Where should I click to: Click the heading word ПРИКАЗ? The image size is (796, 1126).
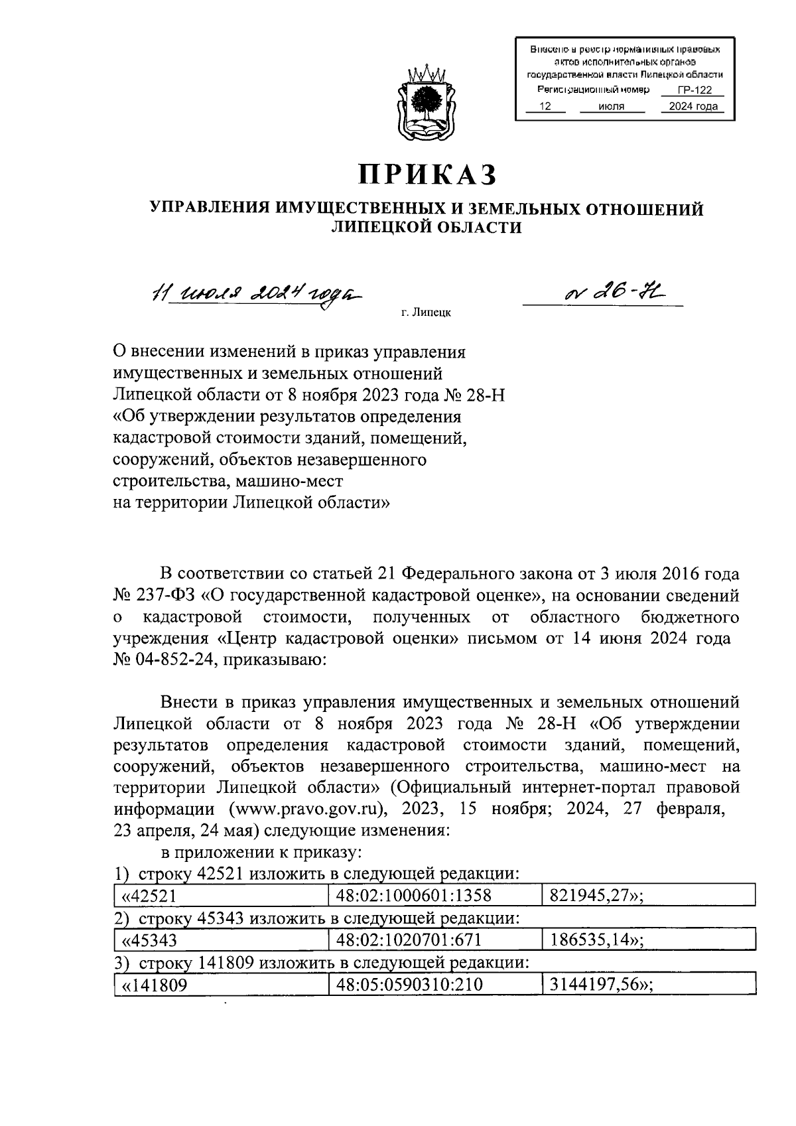point(428,174)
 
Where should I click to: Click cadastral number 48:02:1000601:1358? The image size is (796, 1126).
point(413,896)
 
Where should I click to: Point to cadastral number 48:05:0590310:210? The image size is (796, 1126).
point(409,985)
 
